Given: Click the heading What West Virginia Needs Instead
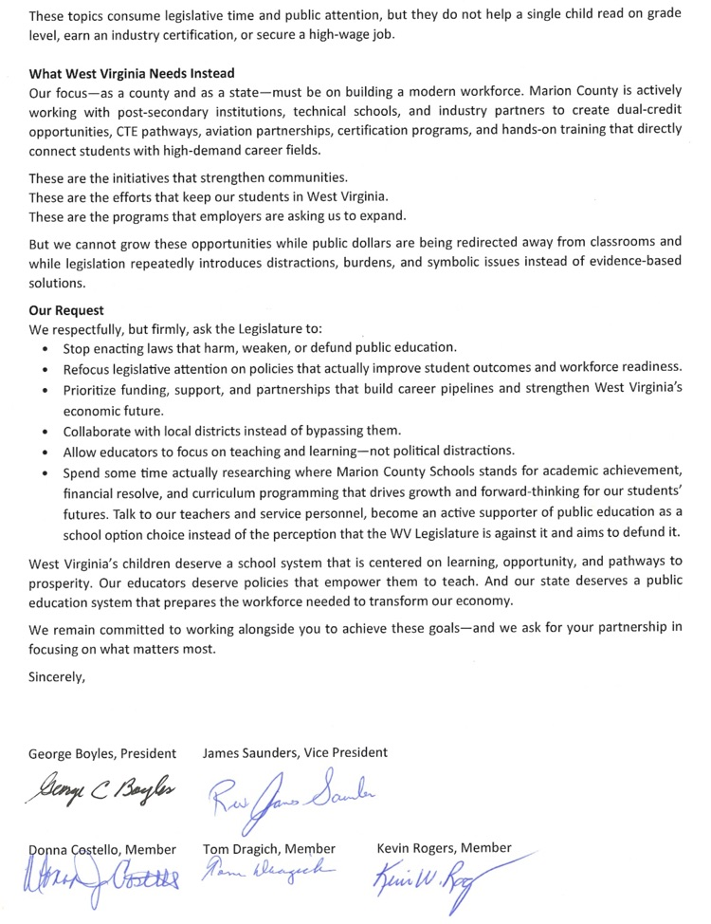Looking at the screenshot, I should point(132,73).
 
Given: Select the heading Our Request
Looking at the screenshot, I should point(66,310).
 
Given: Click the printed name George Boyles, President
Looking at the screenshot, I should point(102,753).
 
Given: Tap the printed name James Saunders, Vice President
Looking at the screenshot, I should point(295,752).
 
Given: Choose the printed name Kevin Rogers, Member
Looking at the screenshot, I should point(444,847).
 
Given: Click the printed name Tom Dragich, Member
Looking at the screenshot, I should point(269,848).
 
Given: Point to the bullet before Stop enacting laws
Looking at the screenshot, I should point(47,348).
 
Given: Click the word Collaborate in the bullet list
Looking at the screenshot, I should point(101,431).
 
